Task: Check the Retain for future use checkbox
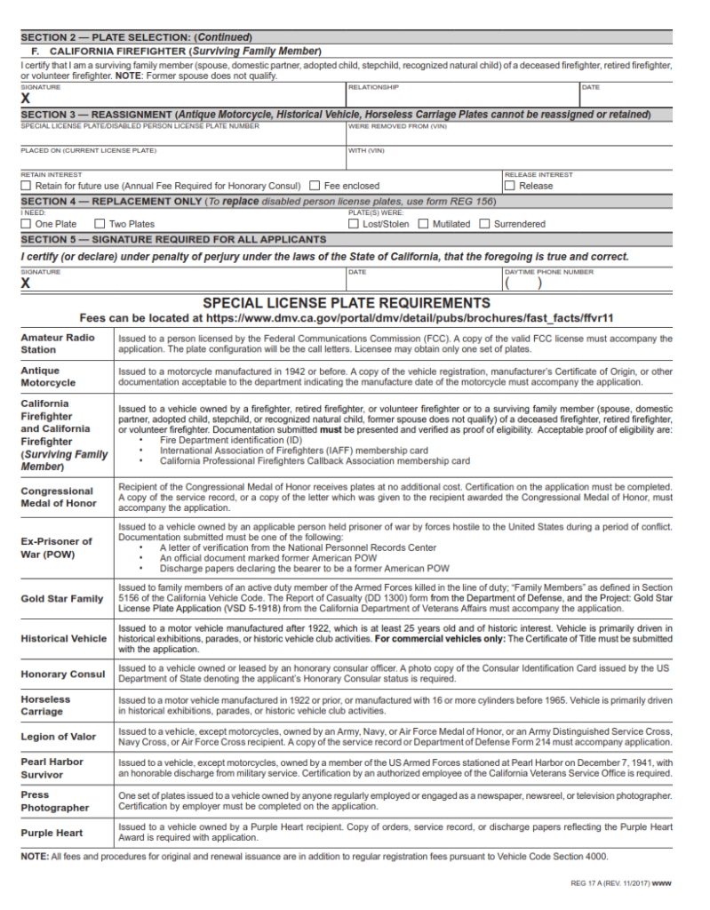(x=26, y=186)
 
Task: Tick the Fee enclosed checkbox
(x=315, y=186)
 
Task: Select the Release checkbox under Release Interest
(x=509, y=186)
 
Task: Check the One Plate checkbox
(x=26, y=224)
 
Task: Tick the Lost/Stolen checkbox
(x=354, y=224)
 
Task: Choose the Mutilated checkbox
(x=423, y=224)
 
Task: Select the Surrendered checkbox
(x=484, y=224)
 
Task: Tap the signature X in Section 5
(x=26, y=283)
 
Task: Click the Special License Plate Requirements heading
(x=347, y=303)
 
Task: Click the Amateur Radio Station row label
(x=58, y=344)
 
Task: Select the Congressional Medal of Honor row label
(x=58, y=497)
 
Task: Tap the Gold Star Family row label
(x=62, y=598)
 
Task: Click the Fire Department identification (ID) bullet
(x=231, y=440)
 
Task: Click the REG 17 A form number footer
(x=620, y=883)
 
